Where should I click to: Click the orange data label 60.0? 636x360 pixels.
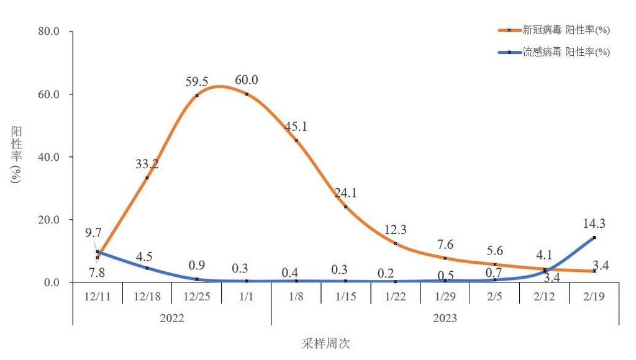[247, 80]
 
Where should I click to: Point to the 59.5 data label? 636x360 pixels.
[196, 81]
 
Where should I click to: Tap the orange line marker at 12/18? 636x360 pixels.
[147, 178]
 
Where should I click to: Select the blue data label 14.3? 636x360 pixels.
[594, 224]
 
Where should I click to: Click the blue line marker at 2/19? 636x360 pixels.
[594, 237]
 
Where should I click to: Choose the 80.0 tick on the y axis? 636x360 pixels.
[54, 32]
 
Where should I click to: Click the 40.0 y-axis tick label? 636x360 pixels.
[54, 157]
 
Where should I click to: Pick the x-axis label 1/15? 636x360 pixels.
[345, 296]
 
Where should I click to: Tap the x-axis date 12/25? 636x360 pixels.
[196, 296]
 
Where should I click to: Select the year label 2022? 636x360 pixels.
[171, 318]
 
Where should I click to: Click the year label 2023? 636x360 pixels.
[445, 318]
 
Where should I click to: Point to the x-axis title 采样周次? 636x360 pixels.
[322, 343]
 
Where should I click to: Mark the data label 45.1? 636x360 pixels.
[296, 127]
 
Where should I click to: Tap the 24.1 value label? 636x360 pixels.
[345, 193]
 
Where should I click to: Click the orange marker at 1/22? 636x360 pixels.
[396, 243]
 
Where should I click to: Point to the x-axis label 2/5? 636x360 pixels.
[494, 296]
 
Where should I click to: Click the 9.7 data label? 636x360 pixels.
[93, 233]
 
